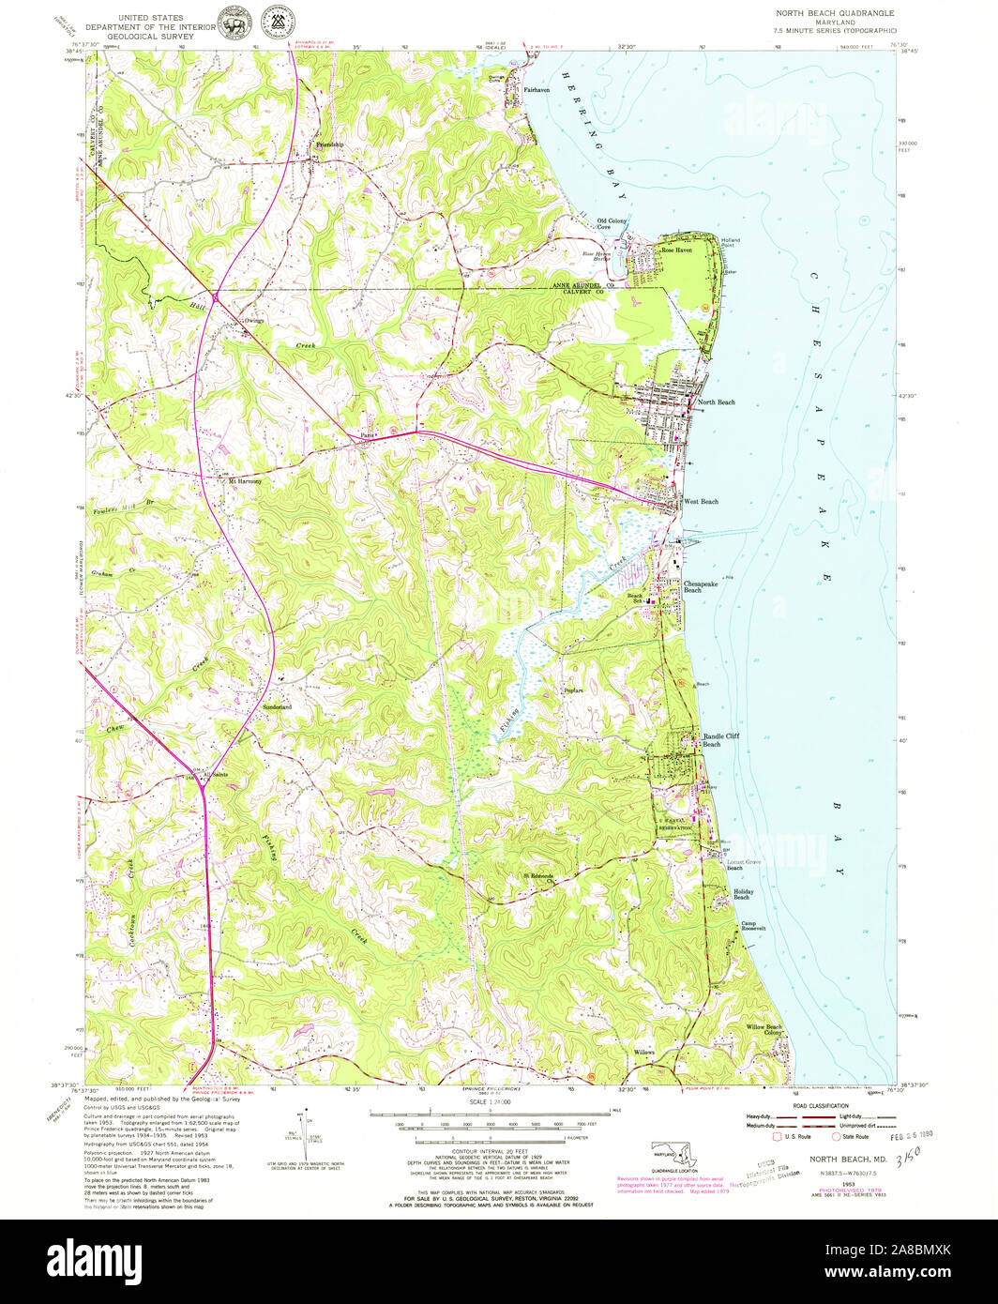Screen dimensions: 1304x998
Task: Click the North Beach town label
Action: (717, 402)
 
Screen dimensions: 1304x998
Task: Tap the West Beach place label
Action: (701, 502)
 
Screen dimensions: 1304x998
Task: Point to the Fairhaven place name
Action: (536, 89)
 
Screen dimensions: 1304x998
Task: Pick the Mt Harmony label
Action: (246, 481)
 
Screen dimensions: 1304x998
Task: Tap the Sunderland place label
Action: (277, 705)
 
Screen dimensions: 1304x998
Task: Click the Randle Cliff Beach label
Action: (721, 740)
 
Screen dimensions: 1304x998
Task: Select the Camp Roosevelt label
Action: (754, 926)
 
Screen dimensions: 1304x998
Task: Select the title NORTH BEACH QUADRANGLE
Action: (834, 13)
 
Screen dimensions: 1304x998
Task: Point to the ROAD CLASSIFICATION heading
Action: (819, 1107)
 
